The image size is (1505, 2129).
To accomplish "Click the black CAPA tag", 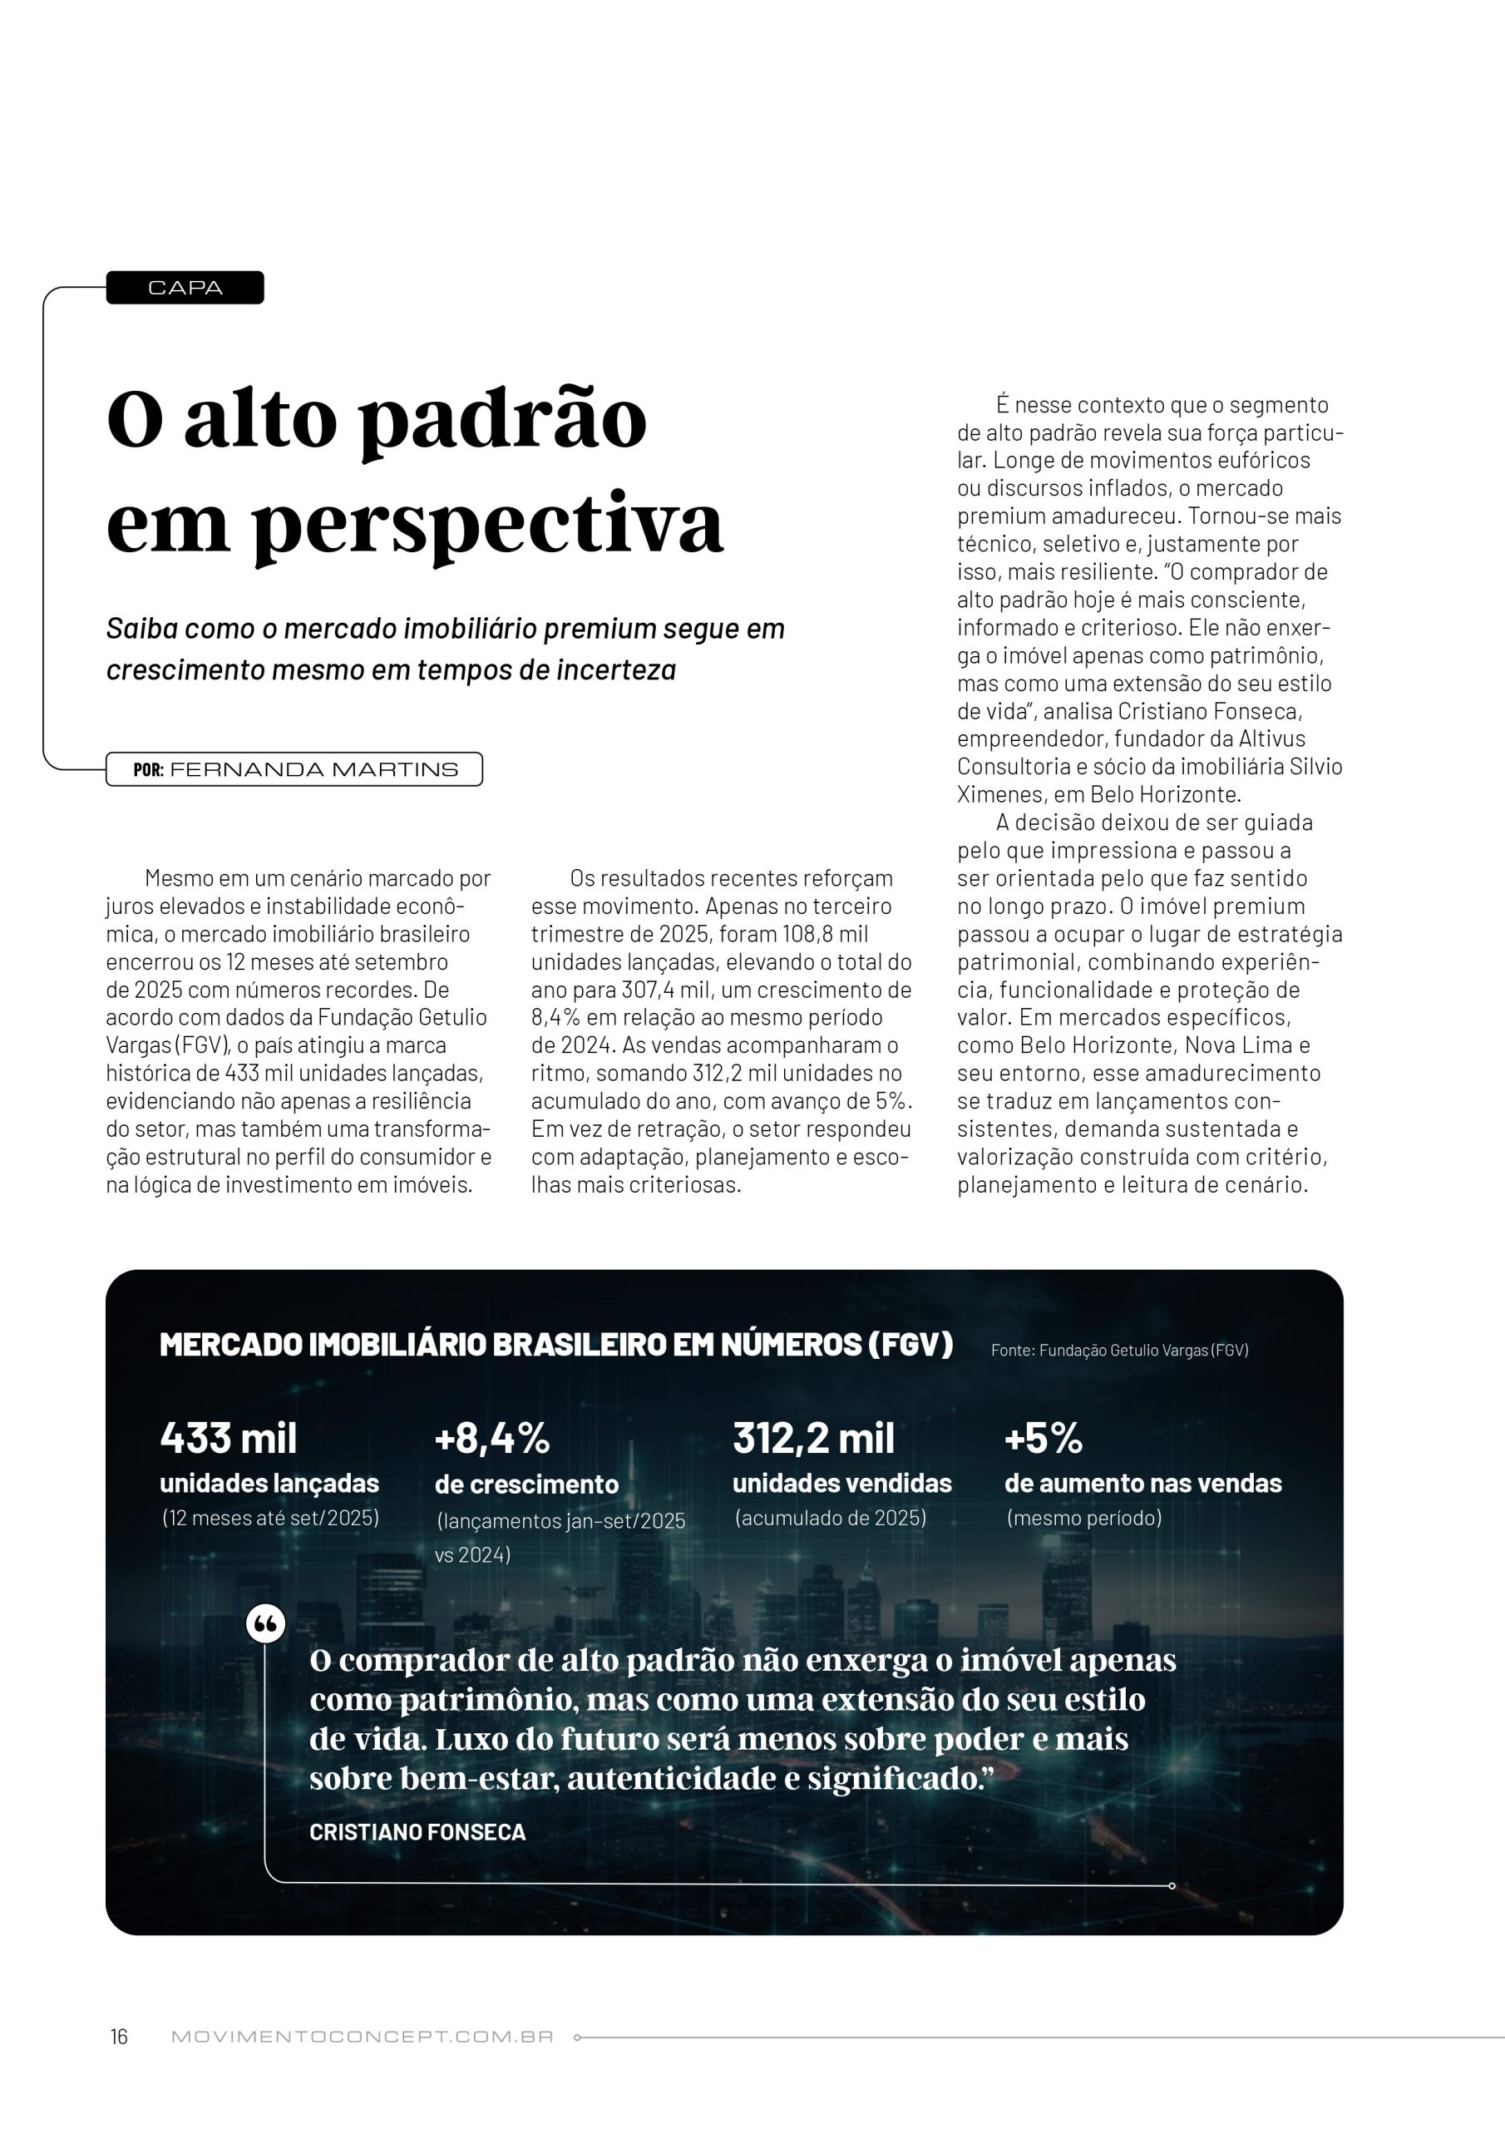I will pyautogui.click(x=185, y=288).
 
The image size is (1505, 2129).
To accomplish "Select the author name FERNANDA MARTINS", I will pyautogui.click(x=313, y=769).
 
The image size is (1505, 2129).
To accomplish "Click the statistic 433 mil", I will pyautogui.click(x=228, y=1438).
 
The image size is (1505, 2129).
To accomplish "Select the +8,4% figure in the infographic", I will pyautogui.click(x=491, y=1438).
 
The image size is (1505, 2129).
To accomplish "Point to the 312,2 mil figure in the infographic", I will pyautogui.click(x=813, y=1438).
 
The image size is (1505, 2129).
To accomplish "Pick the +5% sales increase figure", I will pyautogui.click(x=1044, y=1438).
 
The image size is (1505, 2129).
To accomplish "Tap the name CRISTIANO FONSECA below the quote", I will pyautogui.click(x=417, y=1831).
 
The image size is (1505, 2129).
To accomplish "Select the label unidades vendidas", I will pyautogui.click(x=842, y=1484).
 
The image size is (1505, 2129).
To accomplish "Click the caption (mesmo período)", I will pyautogui.click(x=1084, y=1518).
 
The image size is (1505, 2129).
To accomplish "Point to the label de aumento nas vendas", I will pyautogui.click(x=1142, y=1484).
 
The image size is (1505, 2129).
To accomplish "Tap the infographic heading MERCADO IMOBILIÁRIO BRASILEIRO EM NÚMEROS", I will pyautogui.click(x=555, y=1346).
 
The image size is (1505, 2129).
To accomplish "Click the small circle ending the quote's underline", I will pyautogui.click(x=1172, y=1886).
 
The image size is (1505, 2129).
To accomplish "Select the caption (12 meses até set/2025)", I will pyautogui.click(x=270, y=1518).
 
